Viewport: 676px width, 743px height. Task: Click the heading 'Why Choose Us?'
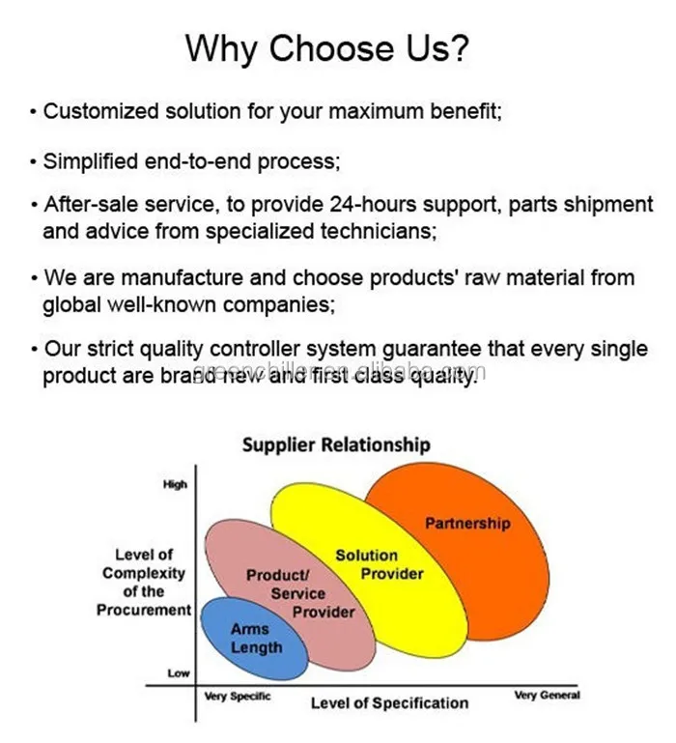tap(337, 46)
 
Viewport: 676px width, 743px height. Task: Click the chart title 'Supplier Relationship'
tap(335, 445)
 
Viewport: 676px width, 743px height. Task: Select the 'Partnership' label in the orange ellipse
tap(467, 524)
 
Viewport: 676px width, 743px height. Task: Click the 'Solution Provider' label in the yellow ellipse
tap(378, 564)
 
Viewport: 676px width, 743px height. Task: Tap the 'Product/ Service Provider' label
tap(296, 593)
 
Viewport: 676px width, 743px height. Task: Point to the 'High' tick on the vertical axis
tap(175, 485)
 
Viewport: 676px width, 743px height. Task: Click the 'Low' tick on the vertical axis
tap(179, 673)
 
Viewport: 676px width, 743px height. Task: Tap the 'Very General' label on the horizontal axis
tap(547, 696)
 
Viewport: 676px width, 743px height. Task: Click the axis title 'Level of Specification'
tap(389, 702)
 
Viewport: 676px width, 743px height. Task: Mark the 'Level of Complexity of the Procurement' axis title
tap(144, 583)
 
